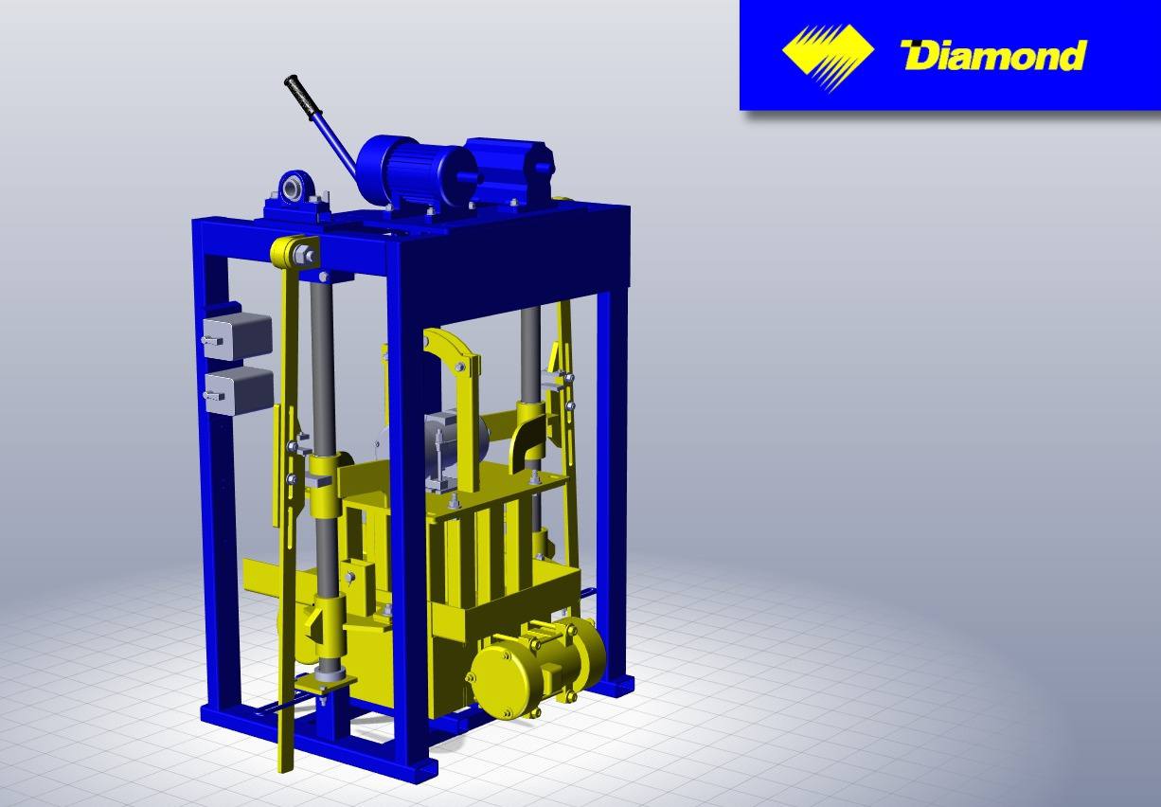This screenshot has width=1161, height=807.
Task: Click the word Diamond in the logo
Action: click(993, 55)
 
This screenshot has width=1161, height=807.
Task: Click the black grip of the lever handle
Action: click(302, 98)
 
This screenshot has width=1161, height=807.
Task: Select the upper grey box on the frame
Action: click(237, 336)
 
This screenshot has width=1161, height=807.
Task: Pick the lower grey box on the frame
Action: click(239, 391)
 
